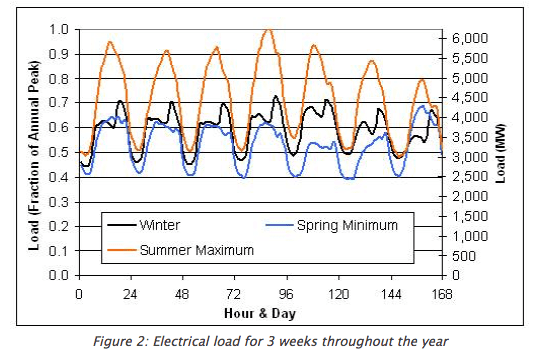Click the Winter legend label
click(x=160, y=225)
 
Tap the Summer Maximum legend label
click(x=196, y=248)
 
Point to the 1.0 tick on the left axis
click(x=59, y=30)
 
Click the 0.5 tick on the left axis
click(x=59, y=152)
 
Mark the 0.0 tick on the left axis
click(x=59, y=274)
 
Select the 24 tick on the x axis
click(x=130, y=293)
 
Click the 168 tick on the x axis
click(x=441, y=293)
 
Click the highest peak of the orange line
click(x=267, y=30)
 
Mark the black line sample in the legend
click(x=119, y=225)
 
